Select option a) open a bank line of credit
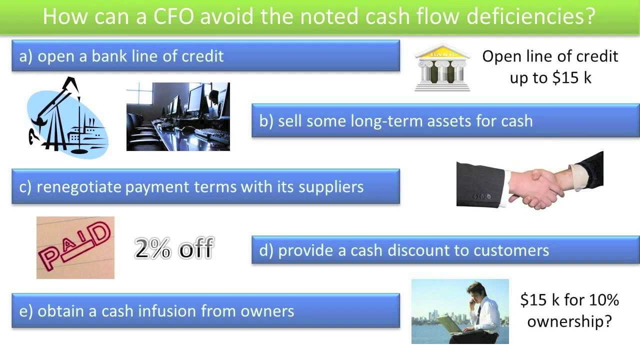tap(205, 56)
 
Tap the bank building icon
tap(442, 67)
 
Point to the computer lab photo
tap(178, 116)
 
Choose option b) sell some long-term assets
tap(445, 120)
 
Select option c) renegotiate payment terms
tap(205, 186)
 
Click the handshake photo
tap(529, 180)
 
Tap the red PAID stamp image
tap(75, 247)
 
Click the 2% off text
tap(174, 248)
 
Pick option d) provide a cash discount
tap(445, 250)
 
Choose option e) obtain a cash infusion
tap(205, 311)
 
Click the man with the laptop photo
tap(460, 311)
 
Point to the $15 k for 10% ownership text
tap(569, 310)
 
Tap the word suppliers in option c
tap(331, 187)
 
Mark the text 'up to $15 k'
tap(550, 78)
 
